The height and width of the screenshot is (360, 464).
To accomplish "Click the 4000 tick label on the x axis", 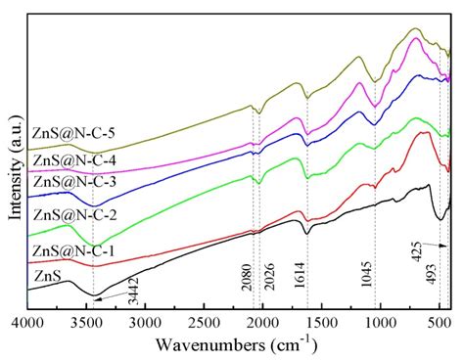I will pos(28,320).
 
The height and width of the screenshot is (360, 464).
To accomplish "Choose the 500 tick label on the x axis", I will pos(439,320).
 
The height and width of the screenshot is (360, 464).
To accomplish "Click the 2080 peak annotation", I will pos(247,289).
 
